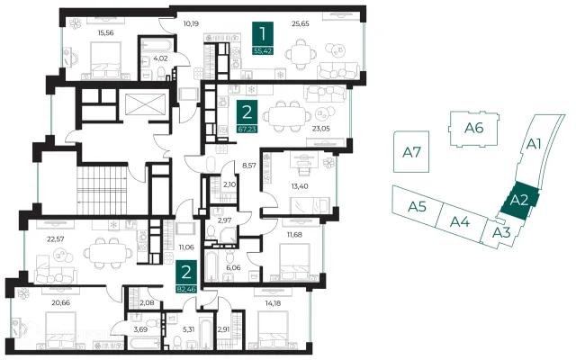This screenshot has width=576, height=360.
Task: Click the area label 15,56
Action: (x=105, y=32)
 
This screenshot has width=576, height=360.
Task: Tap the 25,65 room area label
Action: (x=301, y=23)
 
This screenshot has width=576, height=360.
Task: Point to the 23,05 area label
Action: (x=321, y=128)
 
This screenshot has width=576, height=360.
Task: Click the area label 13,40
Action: (x=300, y=186)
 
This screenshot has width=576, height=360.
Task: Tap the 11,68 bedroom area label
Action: (x=294, y=234)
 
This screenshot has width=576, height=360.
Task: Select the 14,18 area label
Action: (x=273, y=303)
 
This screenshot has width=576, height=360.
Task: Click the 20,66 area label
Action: (x=61, y=302)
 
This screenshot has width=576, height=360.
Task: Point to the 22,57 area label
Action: (x=56, y=239)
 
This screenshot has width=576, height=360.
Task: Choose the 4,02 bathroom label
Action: (x=160, y=58)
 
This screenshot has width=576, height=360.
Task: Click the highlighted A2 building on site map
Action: (x=519, y=201)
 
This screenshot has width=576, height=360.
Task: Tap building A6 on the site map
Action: (x=474, y=128)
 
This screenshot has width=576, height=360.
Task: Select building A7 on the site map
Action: (x=411, y=152)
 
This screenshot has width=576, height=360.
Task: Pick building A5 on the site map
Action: (x=417, y=206)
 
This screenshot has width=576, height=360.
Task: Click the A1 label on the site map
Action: (x=534, y=144)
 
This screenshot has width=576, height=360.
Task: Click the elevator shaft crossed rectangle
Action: (x=145, y=104)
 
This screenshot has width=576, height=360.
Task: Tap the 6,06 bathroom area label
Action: (x=233, y=267)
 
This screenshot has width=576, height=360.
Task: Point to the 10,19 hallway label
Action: (x=191, y=24)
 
